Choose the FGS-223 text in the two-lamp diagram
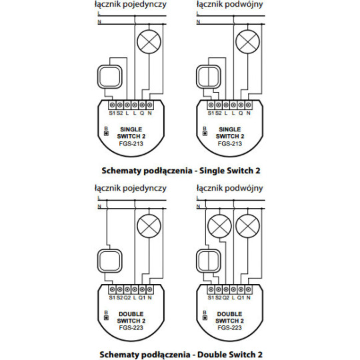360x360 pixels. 229,328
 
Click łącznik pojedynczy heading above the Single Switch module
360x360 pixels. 130,5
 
